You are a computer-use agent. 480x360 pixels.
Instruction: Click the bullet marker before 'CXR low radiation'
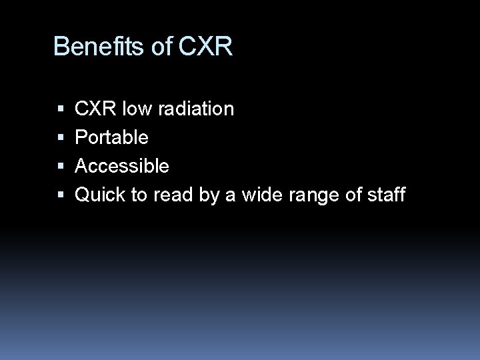[x=61, y=109]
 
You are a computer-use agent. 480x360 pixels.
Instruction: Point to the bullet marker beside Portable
[x=61, y=138]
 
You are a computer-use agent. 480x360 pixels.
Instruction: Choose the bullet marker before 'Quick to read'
[x=61, y=195]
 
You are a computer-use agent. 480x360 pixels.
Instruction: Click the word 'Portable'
[x=111, y=137]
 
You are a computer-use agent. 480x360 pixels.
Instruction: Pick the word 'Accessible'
[x=122, y=166]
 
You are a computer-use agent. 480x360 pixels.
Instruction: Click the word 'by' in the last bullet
[x=208, y=195]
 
